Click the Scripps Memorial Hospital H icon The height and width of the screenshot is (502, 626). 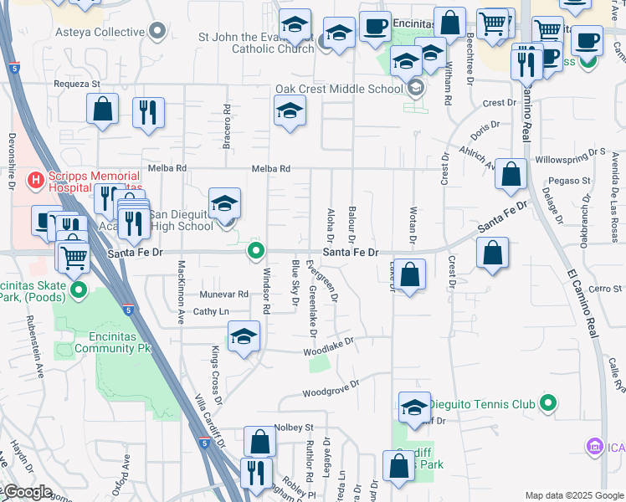[36, 179]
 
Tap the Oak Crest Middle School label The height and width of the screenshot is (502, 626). [339, 89]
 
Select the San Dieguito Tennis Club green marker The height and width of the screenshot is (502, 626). [548, 404]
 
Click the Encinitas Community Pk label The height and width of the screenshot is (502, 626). [113, 342]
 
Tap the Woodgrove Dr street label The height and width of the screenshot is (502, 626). [331, 387]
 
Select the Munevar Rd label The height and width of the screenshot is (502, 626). [224, 295]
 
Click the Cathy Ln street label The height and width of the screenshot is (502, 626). [211, 311]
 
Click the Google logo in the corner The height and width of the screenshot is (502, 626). [27, 492]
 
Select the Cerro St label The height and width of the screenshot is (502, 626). [604, 289]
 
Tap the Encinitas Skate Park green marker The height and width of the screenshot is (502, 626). [80, 291]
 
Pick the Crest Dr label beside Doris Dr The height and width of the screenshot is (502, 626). [500, 103]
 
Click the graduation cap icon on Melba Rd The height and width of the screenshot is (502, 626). [290, 111]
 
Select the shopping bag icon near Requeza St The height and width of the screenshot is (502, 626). [102, 110]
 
